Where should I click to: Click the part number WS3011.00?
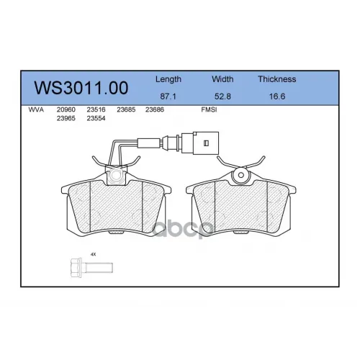[81, 88]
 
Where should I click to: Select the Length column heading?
[168, 79]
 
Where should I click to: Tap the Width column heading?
[222, 79]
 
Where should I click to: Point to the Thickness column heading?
[277, 79]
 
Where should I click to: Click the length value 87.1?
[168, 96]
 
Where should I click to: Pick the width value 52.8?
[222, 96]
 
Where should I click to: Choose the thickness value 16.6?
[277, 96]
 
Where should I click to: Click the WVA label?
[36, 110]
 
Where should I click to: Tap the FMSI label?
[209, 110]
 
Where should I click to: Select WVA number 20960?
[66, 110]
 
